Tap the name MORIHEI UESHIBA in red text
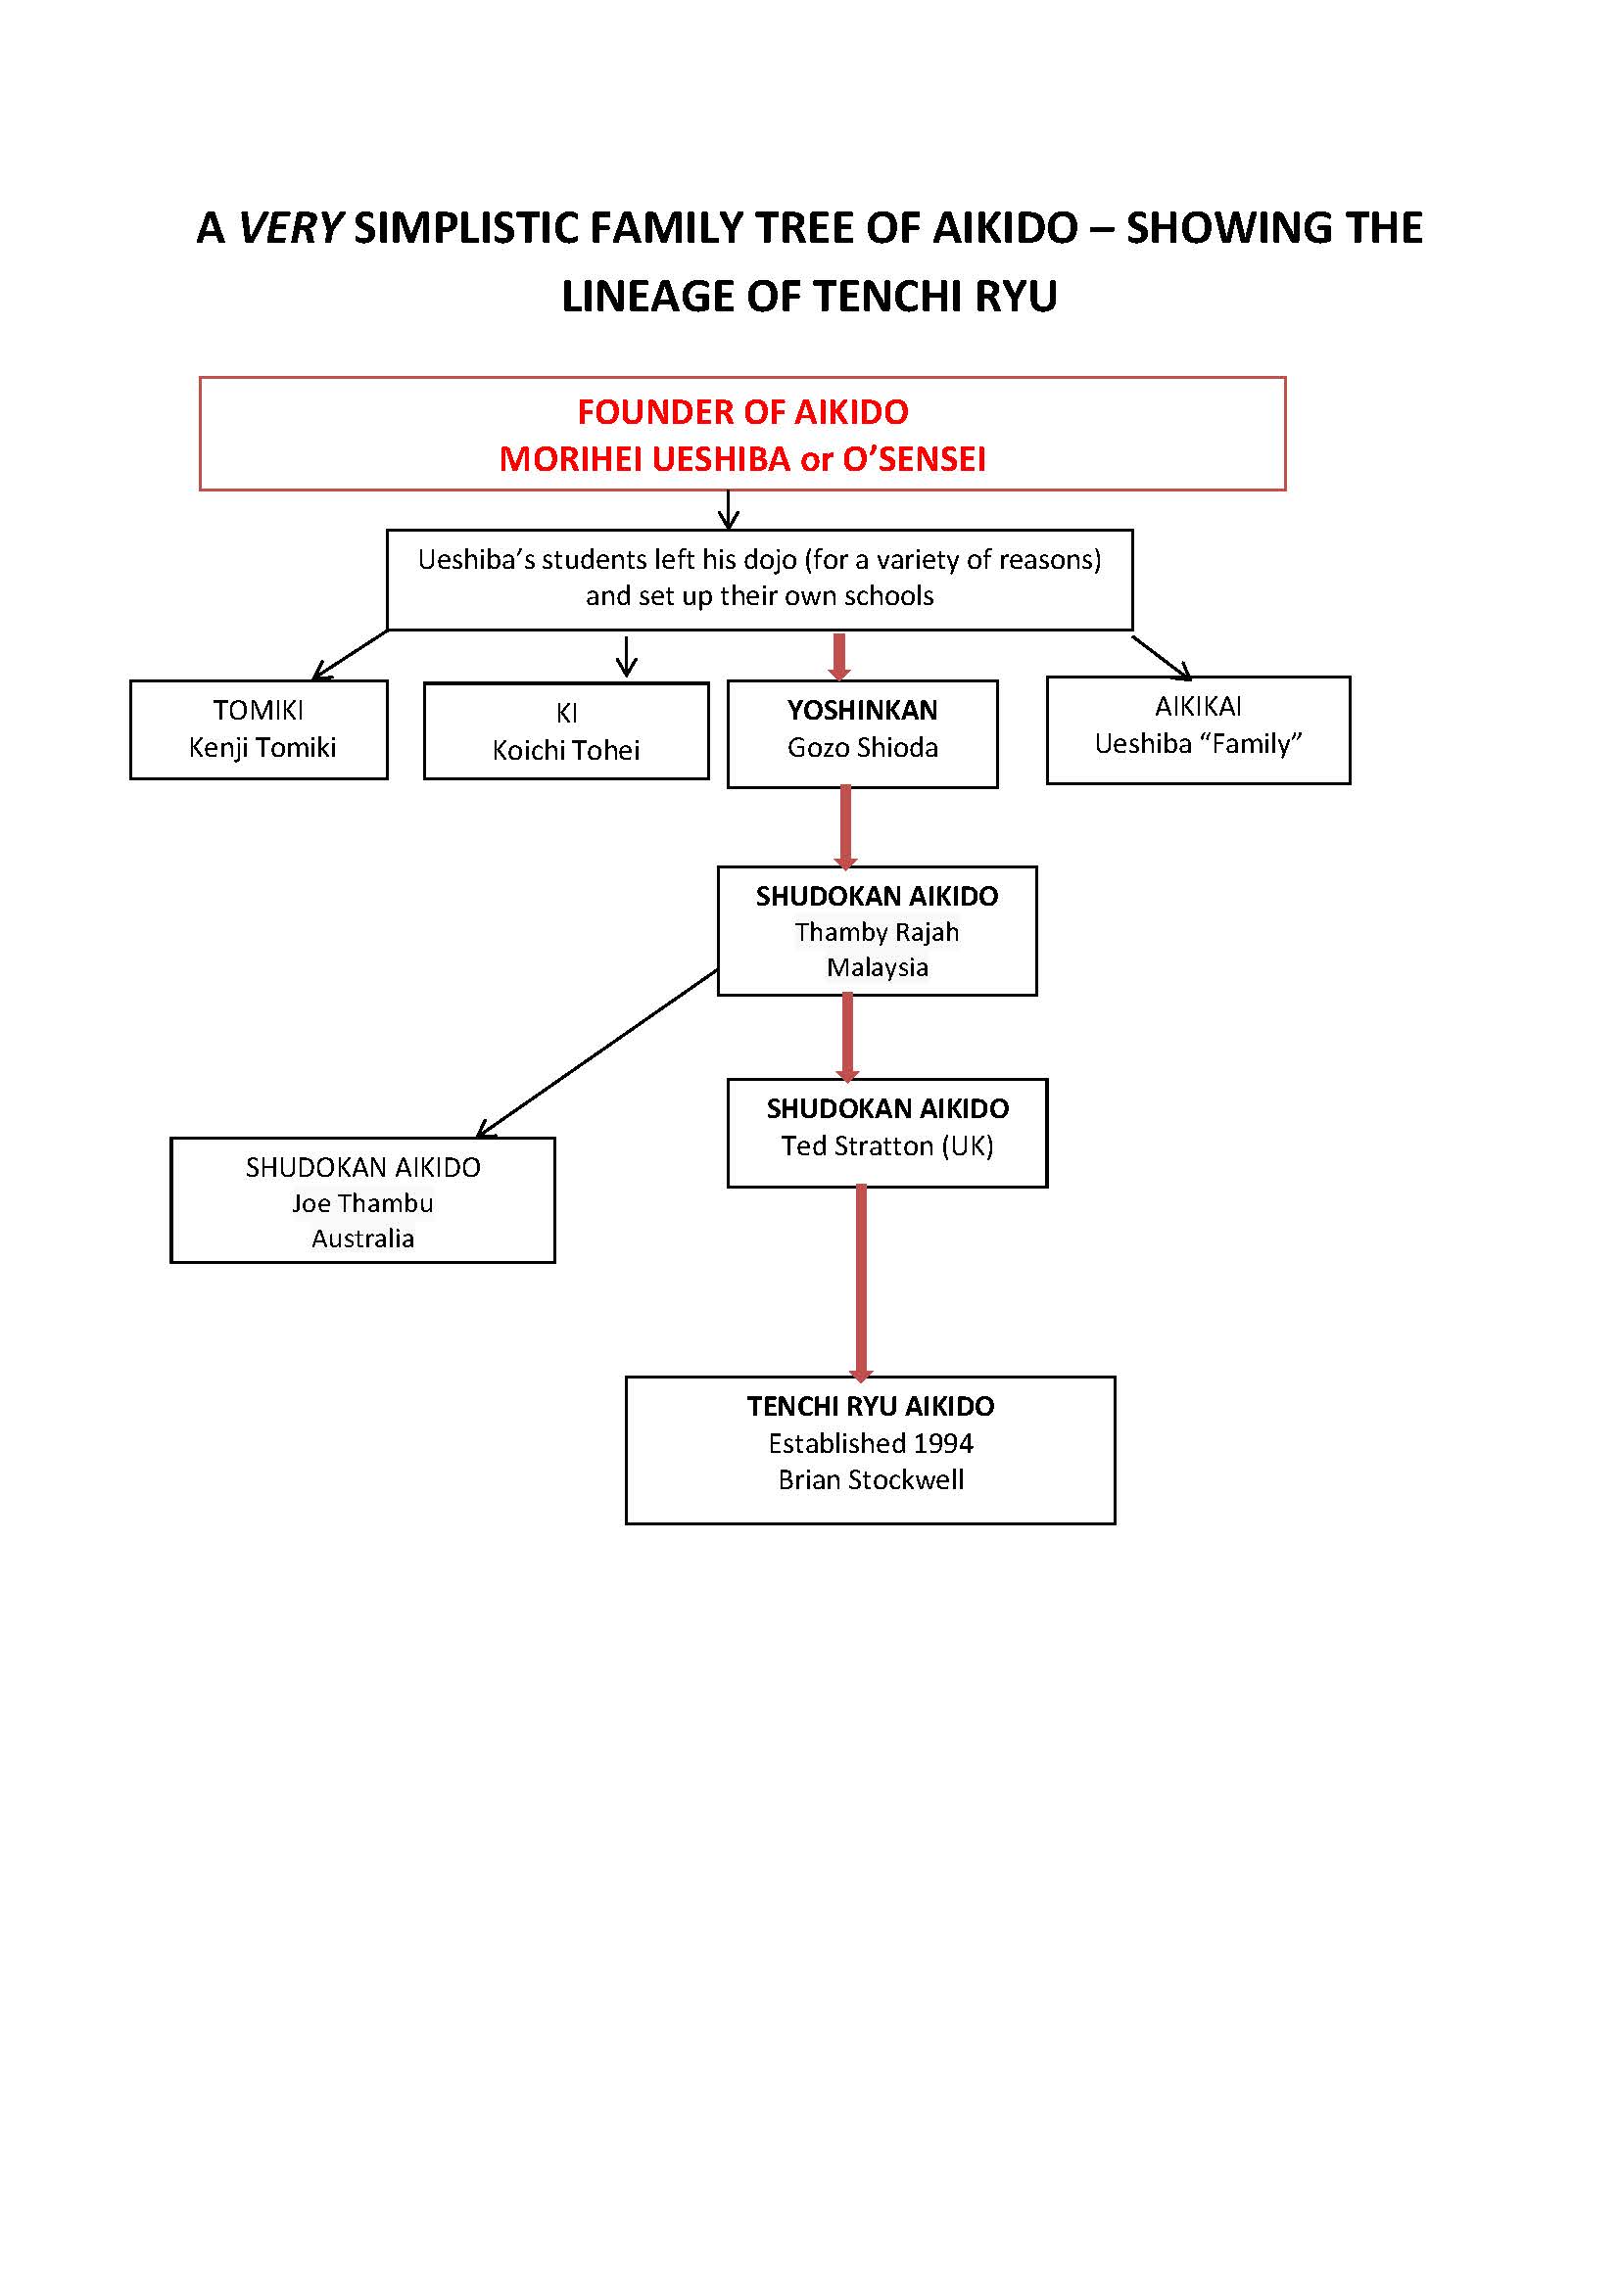tap(644, 459)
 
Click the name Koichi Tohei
tap(566, 750)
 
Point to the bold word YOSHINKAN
tap(863, 710)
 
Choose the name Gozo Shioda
tap(863, 747)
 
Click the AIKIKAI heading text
tap(1199, 706)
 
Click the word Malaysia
tap(878, 966)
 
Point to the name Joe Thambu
tap(363, 1203)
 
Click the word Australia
tap(363, 1238)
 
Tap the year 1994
tap(942, 1443)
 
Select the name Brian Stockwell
tap(871, 1479)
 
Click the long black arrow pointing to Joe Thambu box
tap(597, 1053)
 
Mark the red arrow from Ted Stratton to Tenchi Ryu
tap(862, 1284)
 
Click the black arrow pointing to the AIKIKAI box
tap(1163, 658)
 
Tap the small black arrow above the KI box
tap(627, 656)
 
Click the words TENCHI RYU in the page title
tap(934, 297)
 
